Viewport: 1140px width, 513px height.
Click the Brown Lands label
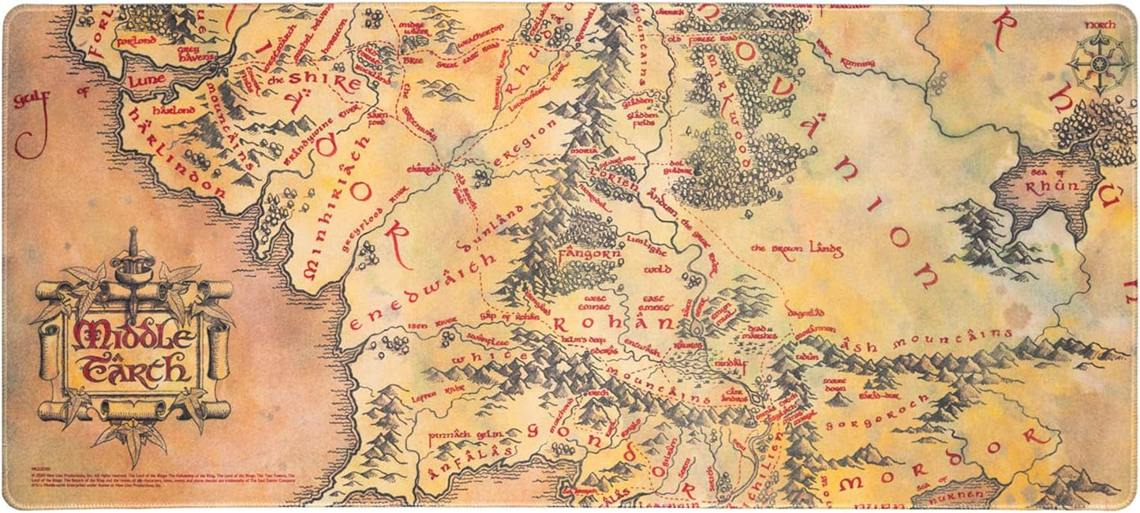pyautogui.click(x=796, y=249)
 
